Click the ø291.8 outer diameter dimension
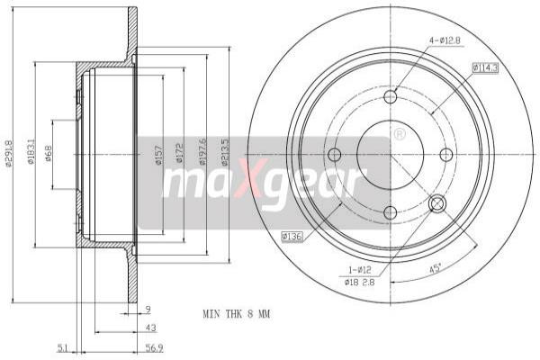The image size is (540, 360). pos(8,153)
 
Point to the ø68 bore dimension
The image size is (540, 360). pos(49,153)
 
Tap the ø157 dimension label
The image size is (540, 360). pos(157,155)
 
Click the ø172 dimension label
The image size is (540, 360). pos(179,155)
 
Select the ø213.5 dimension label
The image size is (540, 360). pos(224,153)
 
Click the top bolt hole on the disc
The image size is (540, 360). pos(390,96)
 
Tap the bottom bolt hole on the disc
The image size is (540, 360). pos(390,212)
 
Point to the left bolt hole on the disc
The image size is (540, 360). pos(334,155)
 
